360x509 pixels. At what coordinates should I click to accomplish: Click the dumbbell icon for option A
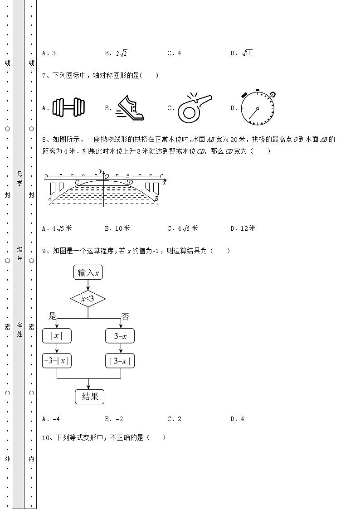tap(69, 108)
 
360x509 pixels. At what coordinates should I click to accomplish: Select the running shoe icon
tap(130, 108)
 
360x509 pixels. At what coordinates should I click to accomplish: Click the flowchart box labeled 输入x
tap(88, 272)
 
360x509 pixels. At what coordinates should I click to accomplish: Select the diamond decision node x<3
tap(88, 299)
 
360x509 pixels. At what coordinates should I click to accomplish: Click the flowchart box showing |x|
tap(57, 336)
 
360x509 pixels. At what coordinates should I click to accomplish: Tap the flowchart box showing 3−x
tap(120, 336)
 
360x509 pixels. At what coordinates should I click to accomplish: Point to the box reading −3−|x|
tap(57, 361)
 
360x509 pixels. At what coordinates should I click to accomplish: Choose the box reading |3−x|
tap(120, 361)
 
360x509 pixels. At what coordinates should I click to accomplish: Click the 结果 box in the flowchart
tap(90, 397)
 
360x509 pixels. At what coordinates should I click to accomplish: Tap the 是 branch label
tap(52, 316)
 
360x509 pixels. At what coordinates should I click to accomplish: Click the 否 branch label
tap(125, 316)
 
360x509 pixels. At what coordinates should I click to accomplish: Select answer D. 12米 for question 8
tap(243, 228)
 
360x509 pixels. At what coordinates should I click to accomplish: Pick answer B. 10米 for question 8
tap(117, 228)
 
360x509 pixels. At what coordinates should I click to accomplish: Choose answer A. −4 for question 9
tap(51, 419)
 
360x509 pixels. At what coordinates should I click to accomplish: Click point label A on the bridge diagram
tap(49, 198)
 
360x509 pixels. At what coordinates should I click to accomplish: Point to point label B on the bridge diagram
tap(156, 199)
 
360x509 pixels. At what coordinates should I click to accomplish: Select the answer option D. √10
tap(242, 53)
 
